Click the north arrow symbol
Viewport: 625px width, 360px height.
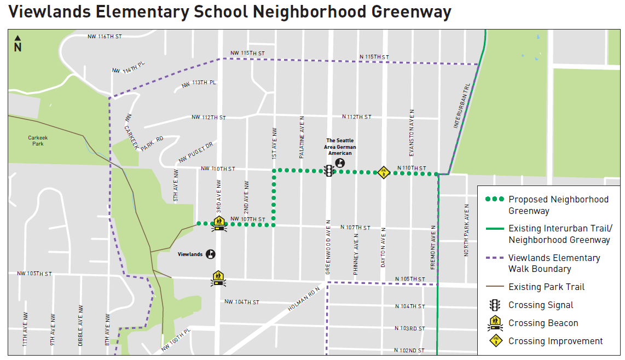tap(18, 43)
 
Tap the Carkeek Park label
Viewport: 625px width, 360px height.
tap(38, 141)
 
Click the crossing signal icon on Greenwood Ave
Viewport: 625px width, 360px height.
tap(328, 171)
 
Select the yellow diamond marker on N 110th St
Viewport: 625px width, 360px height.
tap(384, 172)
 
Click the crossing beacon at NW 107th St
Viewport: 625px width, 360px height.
tap(219, 223)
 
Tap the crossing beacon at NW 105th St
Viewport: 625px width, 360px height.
tap(218, 278)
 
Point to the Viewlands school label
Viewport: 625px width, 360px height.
tap(190, 254)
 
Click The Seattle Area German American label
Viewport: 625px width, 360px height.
tap(341, 147)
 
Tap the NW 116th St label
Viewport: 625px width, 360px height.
tap(104, 37)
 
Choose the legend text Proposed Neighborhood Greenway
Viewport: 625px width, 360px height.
tap(558, 205)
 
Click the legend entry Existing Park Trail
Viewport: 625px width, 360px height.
tap(546, 287)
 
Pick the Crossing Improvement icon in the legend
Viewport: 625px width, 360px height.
tap(495, 341)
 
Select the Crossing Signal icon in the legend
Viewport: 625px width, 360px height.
tap(495, 305)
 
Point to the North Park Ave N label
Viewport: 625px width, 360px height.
tap(467, 230)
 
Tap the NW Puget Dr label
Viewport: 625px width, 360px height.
tap(195, 153)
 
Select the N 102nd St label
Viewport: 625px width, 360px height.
tap(412, 351)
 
